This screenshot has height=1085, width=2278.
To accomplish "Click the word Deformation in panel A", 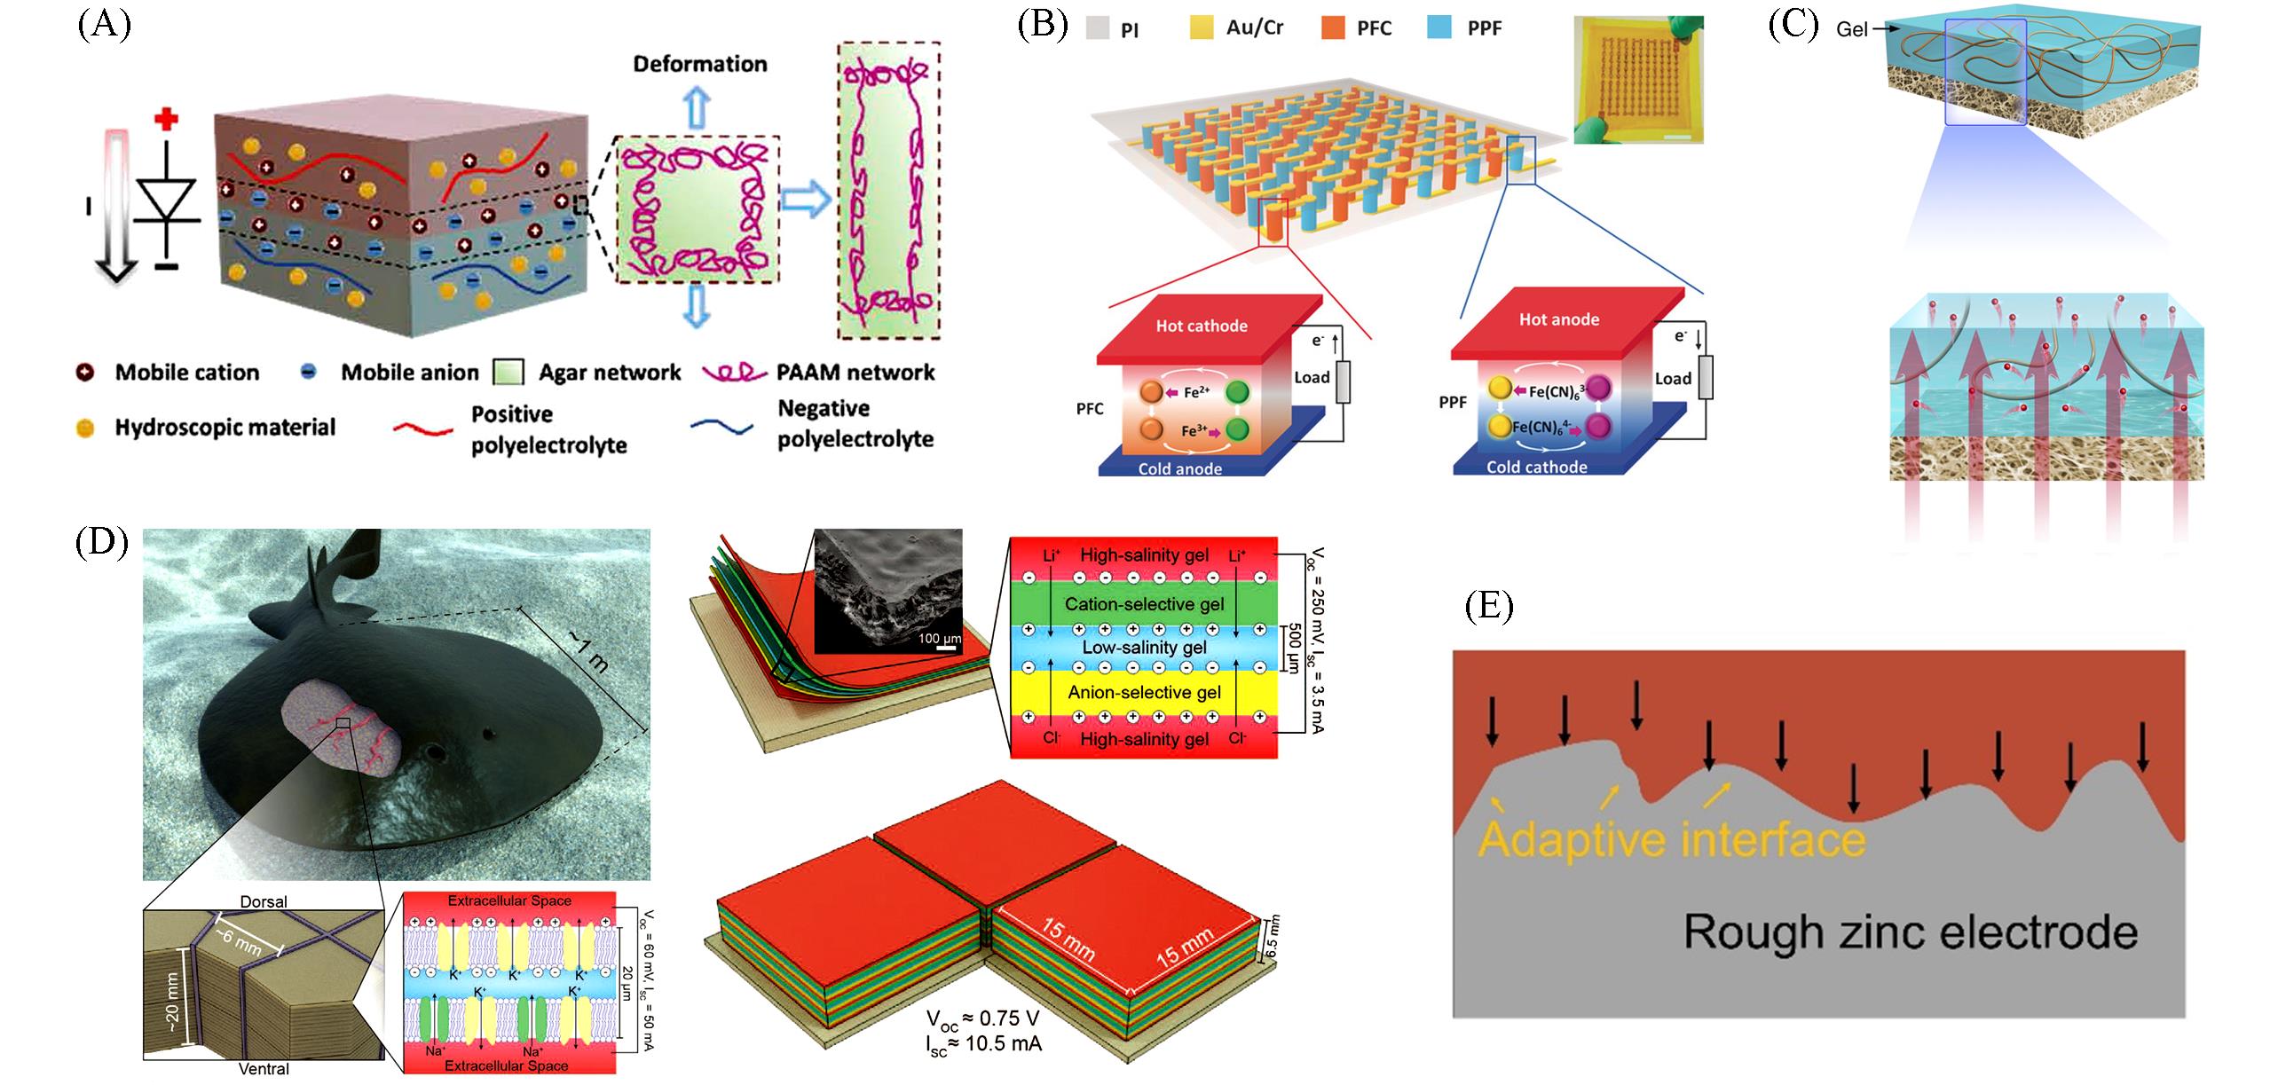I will (x=699, y=64).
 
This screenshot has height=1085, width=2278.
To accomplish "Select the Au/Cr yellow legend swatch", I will (x=1202, y=28).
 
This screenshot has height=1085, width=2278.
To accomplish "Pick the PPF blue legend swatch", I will (x=1439, y=28).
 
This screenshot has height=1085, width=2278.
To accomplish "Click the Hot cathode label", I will (x=1201, y=326).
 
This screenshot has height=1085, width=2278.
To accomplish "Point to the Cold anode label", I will (x=1179, y=468).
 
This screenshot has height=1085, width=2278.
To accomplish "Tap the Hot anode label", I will (x=1558, y=319).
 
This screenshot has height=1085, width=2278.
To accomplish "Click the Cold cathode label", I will (x=1536, y=467).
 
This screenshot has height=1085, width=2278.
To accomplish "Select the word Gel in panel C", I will (x=1852, y=30).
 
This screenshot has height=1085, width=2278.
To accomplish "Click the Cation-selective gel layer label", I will (x=1144, y=604).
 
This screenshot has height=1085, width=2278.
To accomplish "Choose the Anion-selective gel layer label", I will (x=1144, y=692).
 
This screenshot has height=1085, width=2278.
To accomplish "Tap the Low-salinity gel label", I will (x=1144, y=648).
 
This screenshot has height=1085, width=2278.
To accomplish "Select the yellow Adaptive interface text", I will (x=1672, y=838).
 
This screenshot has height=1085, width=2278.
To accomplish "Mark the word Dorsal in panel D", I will (x=264, y=901).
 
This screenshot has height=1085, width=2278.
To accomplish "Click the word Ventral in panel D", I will (x=264, y=1069).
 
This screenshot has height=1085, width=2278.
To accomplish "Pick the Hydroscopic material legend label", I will (x=225, y=428).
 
